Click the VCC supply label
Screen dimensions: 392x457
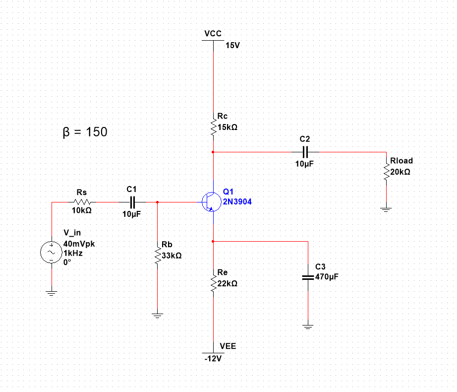click(x=213, y=33)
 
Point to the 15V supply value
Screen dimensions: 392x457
click(x=232, y=45)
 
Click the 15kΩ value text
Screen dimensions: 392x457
click(x=228, y=127)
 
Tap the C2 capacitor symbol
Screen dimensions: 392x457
click(x=305, y=151)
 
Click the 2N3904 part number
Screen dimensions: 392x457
click(x=233, y=201)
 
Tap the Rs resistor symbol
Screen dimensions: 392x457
click(x=82, y=202)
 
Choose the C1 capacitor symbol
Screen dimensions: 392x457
click(x=132, y=202)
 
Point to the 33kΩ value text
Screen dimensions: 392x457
click(x=171, y=256)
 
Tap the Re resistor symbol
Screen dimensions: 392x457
click(x=213, y=284)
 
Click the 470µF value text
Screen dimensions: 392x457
click(x=327, y=277)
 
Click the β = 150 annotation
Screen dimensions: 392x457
click(x=85, y=132)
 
